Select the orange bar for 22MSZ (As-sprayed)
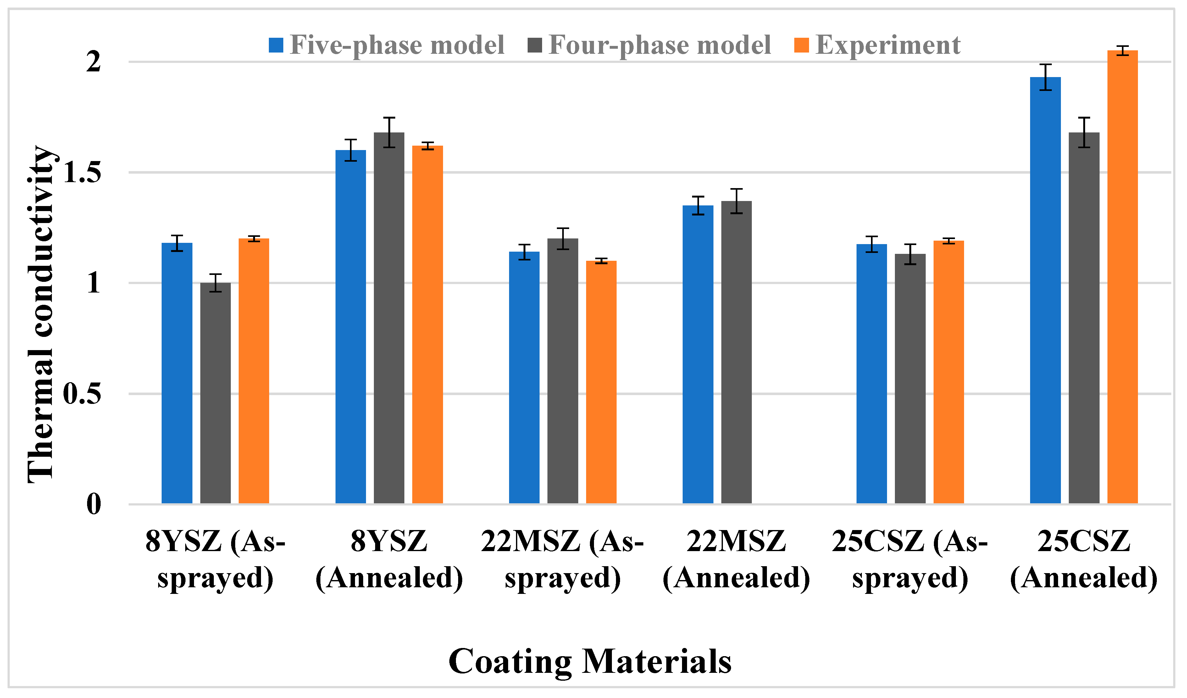(x=601, y=382)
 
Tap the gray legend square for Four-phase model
(x=535, y=45)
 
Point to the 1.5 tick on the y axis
(x=82, y=172)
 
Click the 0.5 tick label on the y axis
(x=82, y=394)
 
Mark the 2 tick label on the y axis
(x=93, y=62)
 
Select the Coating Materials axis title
(x=590, y=661)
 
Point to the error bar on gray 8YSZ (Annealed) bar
(x=389, y=132)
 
